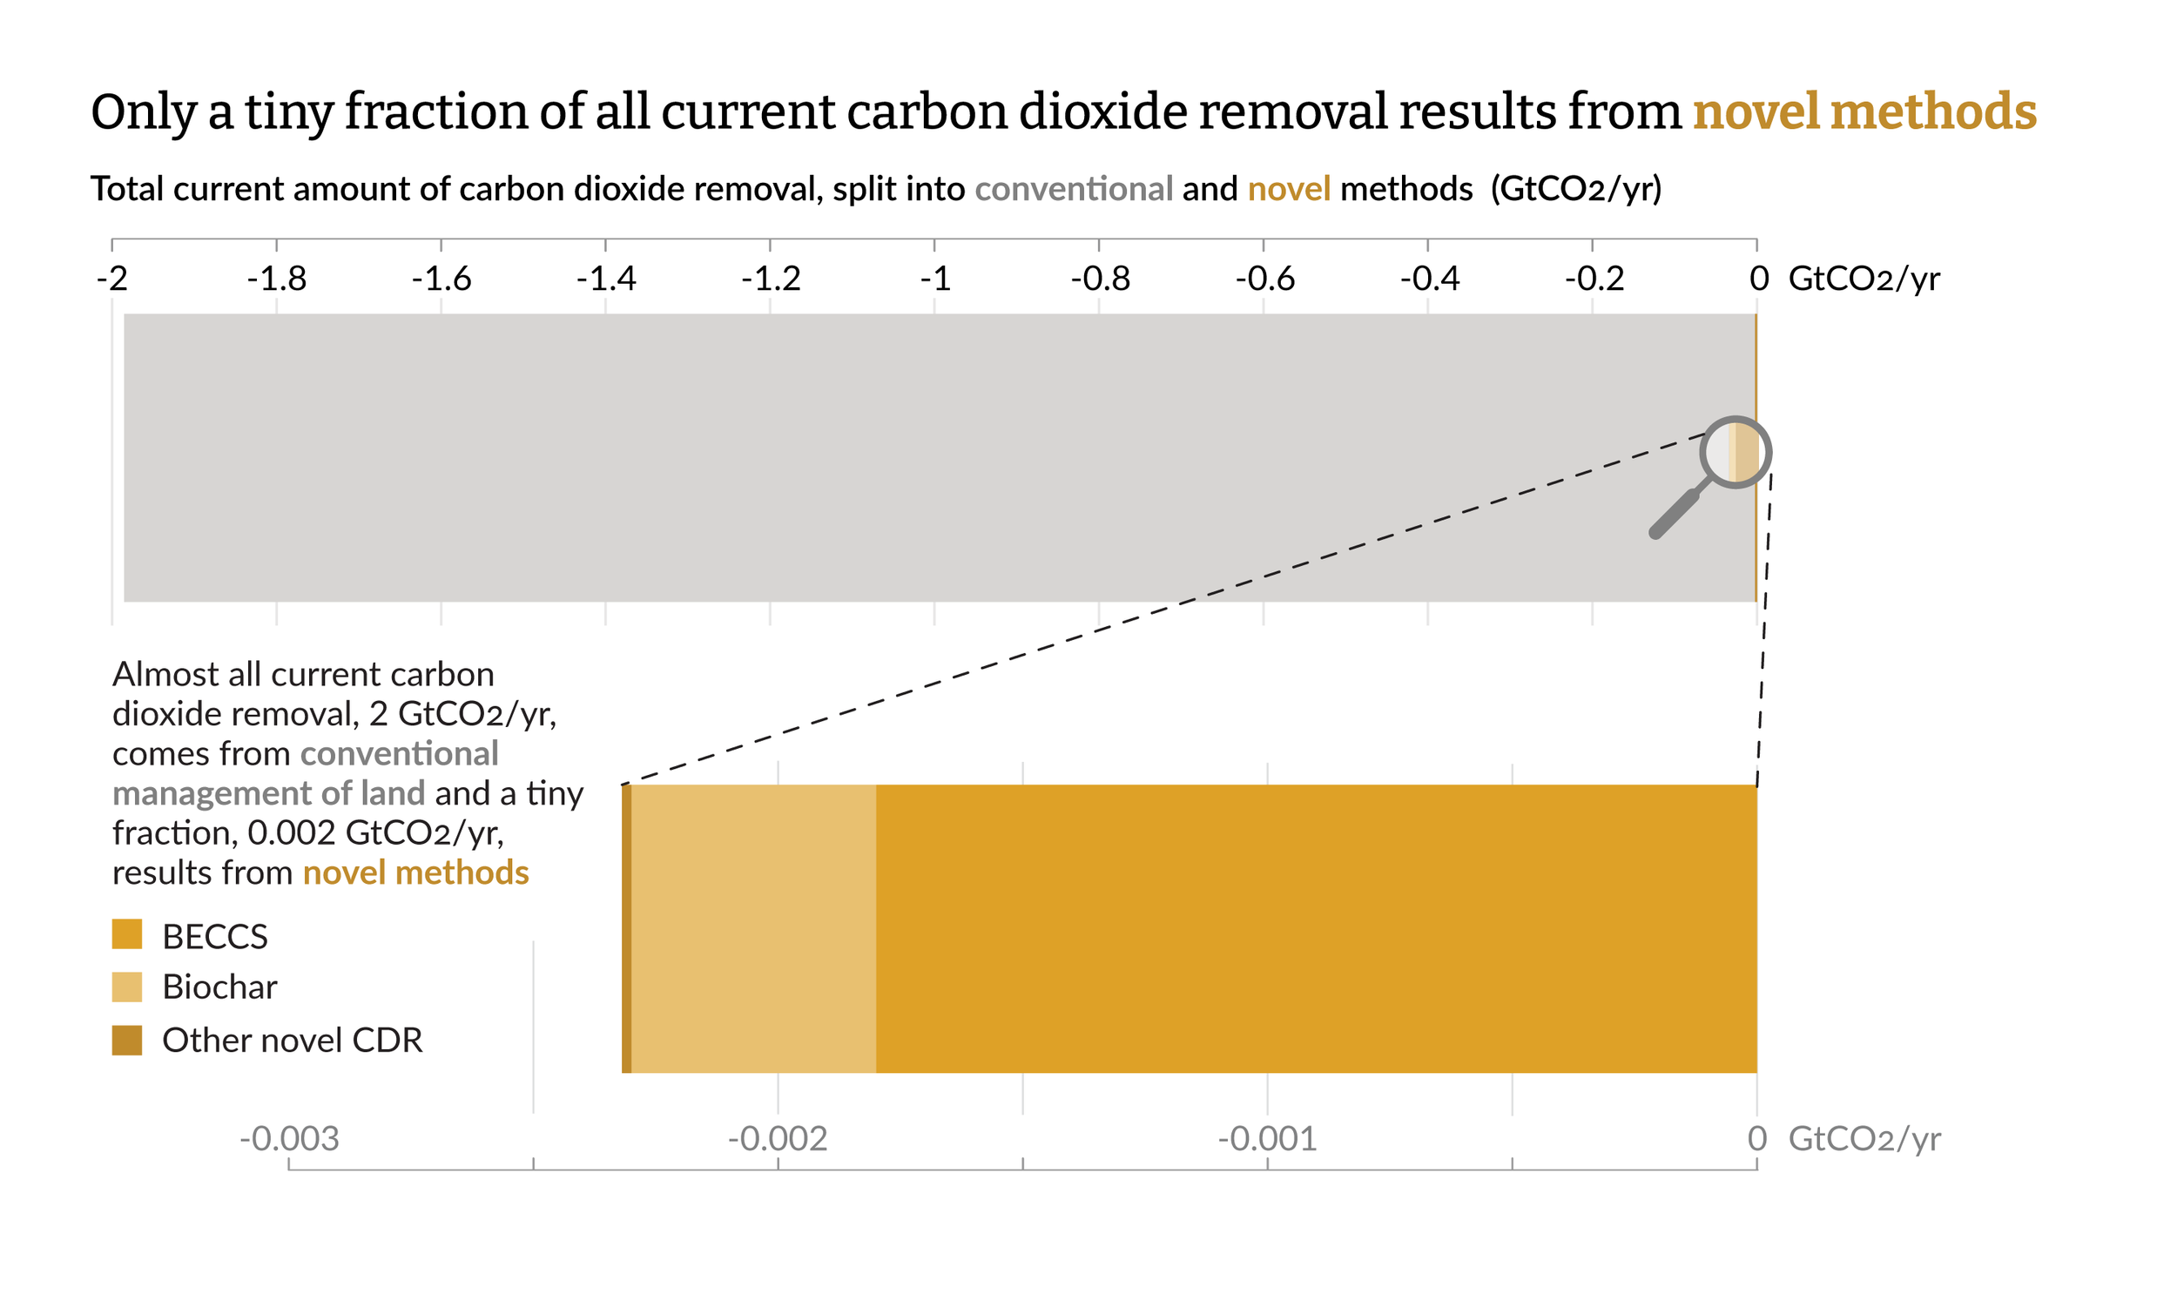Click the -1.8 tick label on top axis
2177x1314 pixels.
click(277, 280)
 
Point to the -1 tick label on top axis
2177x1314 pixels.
click(934, 280)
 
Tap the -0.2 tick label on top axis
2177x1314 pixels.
click(1593, 280)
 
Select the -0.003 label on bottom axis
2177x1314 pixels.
click(289, 1139)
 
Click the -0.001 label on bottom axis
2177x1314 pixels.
click(1267, 1139)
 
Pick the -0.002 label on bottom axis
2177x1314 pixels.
click(778, 1139)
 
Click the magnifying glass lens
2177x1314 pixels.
click(1736, 452)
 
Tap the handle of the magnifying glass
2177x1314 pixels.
click(1675, 514)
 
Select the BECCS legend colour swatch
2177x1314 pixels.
click(126, 934)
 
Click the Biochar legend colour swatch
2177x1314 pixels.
click(126, 987)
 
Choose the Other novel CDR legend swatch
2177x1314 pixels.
click(126, 1040)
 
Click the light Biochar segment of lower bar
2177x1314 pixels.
click(753, 929)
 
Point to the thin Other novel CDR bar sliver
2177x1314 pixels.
click(626, 929)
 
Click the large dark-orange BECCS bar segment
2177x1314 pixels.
click(1317, 929)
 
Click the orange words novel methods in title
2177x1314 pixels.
click(1864, 112)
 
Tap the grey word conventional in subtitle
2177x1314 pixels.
click(1074, 189)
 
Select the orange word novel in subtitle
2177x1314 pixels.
click(1288, 189)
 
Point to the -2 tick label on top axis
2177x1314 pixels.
click(112, 280)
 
